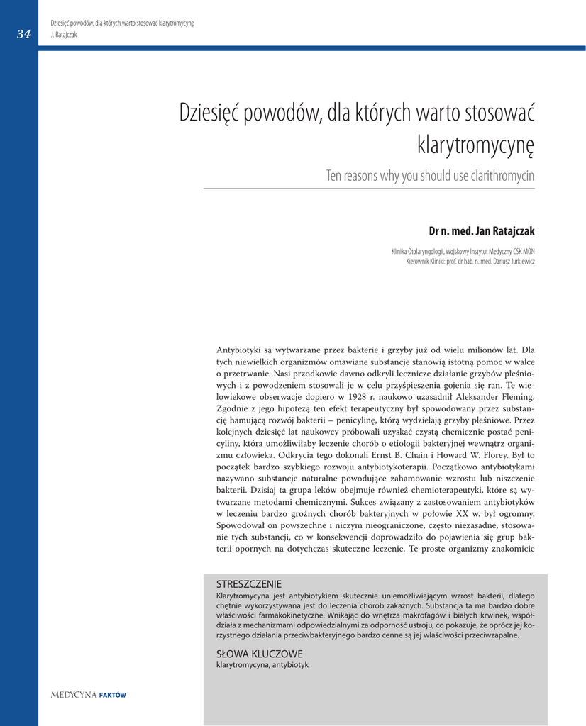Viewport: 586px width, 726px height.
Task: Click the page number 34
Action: [24, 34]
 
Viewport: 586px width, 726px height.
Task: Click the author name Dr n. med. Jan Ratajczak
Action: [482, 231]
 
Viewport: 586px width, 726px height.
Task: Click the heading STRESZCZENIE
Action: [248, 584]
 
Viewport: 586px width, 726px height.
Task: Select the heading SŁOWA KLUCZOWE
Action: [259, 654]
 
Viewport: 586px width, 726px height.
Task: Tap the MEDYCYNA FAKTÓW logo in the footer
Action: [88, 695]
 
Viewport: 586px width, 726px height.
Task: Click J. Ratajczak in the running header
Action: [64, 34]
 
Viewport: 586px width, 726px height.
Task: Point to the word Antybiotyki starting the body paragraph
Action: [238, 350]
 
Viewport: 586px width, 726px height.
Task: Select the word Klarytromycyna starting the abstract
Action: [243, 596]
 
